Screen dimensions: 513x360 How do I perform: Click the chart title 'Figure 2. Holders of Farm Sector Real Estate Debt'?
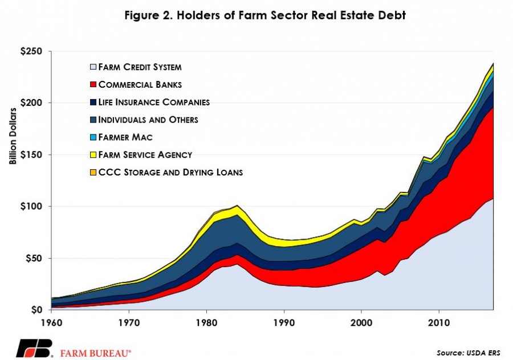pos(265,15)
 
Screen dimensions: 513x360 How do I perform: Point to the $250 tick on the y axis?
pos(31,51)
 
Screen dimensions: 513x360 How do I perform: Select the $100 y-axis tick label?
pos(31,206)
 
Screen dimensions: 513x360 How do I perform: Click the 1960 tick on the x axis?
pos(52,323)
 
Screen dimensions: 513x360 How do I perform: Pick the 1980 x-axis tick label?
pos(206,323)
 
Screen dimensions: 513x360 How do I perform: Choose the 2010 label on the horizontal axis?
pos(439,323)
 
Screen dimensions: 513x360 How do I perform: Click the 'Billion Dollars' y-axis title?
pos(13,136)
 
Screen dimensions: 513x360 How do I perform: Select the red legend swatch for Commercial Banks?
pos(93,84)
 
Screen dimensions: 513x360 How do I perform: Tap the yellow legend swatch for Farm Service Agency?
pos(93,155)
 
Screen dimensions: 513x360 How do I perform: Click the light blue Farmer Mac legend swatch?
pos(93,137)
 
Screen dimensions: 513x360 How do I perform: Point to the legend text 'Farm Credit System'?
pos(140,67)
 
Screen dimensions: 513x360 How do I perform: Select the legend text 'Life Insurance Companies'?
pos(154,102)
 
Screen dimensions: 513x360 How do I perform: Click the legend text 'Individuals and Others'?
pos(148,120)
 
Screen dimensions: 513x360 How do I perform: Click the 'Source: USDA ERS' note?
pos(468,353)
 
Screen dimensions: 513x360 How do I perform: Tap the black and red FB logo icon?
pos(35,348)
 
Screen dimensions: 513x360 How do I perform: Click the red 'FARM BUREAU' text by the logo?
pos(96,354)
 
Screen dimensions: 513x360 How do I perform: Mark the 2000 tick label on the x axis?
pos(361,323)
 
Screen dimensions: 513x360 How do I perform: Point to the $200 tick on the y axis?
pos(31,103)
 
